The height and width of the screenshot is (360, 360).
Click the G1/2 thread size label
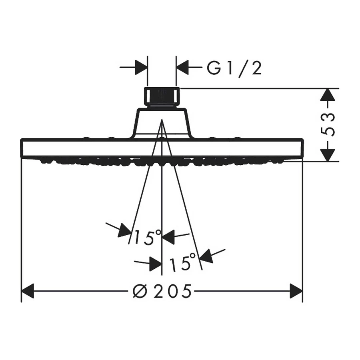[234, 69]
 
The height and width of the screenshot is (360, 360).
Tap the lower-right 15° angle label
[182, 263]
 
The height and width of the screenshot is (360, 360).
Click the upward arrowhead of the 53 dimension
[328, 95]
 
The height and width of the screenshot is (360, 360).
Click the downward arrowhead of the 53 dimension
[328, 154]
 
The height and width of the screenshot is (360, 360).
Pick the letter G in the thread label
[214, 69]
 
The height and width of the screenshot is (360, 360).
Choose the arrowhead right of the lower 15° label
[206, 255]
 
